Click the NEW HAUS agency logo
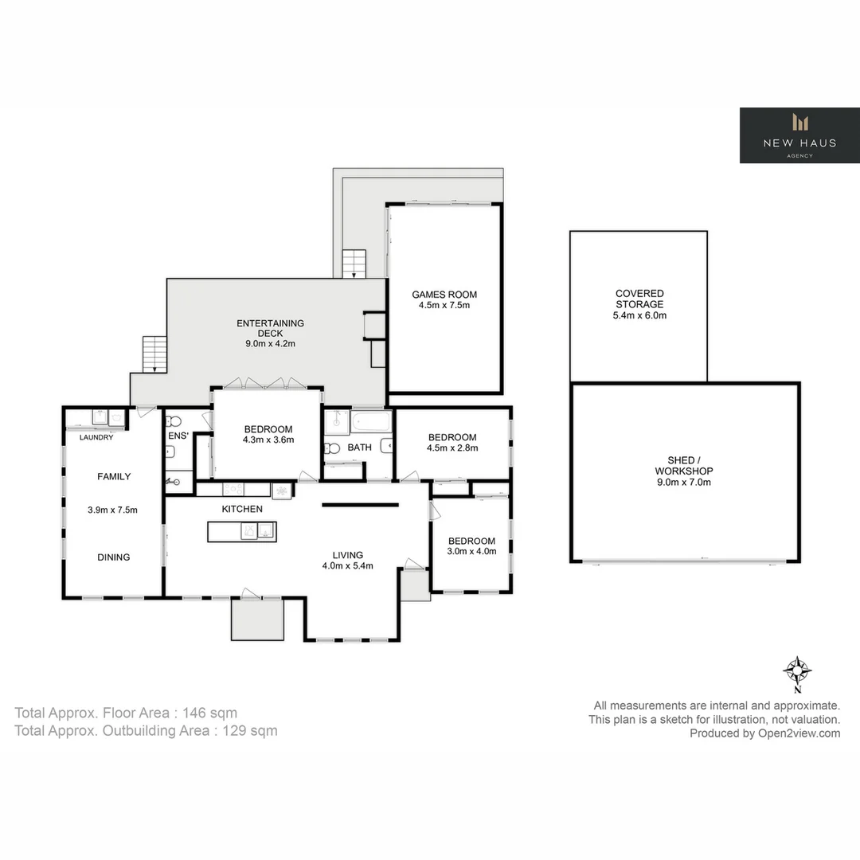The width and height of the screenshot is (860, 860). click(799, 135)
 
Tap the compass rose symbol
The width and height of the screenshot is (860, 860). click(797, 670)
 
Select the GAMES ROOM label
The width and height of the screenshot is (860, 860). click(444, 295)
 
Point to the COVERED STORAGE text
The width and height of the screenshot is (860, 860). click(639, 299)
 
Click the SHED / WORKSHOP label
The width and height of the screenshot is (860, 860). click(684, 466)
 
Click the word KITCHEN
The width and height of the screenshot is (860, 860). click(242, 509)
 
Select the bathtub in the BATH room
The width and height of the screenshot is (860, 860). click(371, 420)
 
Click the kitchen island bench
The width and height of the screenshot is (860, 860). click(242, 530)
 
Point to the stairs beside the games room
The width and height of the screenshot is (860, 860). click(354, 264)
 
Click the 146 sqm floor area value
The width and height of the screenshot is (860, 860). click(210, 713)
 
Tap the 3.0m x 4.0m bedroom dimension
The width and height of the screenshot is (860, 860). click(471, 551)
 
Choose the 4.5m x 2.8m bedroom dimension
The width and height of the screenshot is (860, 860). click(452, 448)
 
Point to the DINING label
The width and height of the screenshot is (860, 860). click(113, 557)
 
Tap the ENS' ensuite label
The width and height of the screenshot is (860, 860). click(178, 436)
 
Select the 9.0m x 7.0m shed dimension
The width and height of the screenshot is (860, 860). click(684, 482)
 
